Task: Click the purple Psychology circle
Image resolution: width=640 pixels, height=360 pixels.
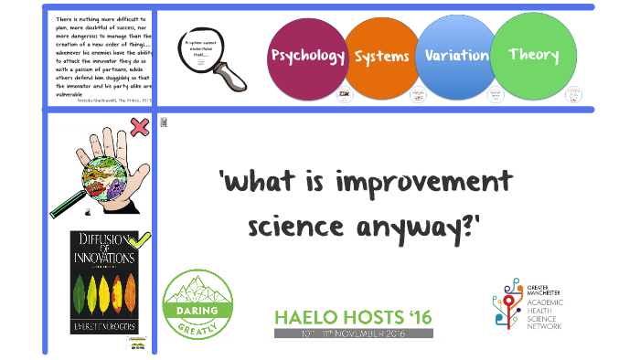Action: [x=307, y=57]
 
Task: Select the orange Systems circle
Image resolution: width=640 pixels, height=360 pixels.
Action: [x=381, y=58]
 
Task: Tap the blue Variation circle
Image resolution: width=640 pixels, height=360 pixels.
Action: [x=456, y=56]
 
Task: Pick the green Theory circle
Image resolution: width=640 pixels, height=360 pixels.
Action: [x=533, y=55]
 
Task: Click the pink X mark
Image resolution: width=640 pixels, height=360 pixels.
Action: [x=140, y=127]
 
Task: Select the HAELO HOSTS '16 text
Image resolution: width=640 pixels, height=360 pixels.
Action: [x=353, y=317]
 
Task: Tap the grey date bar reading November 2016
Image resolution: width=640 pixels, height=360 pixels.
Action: [x=353, y=334]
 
